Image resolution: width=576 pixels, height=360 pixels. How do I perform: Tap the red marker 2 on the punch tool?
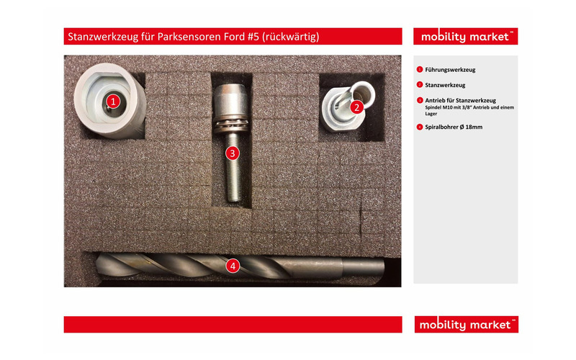tap(356, 107)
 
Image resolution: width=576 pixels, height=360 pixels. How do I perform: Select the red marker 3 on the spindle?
tap(231, 153)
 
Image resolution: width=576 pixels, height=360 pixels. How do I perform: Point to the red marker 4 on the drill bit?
tap(232, 266)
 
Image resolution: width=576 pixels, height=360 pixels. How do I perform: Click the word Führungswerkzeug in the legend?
tap(450, 70)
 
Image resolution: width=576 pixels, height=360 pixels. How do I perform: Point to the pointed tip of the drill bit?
tap(96, 264)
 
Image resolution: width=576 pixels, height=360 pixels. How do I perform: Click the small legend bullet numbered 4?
tap(419, 127)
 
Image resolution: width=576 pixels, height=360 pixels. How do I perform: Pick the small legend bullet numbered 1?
tap(419, 70)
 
